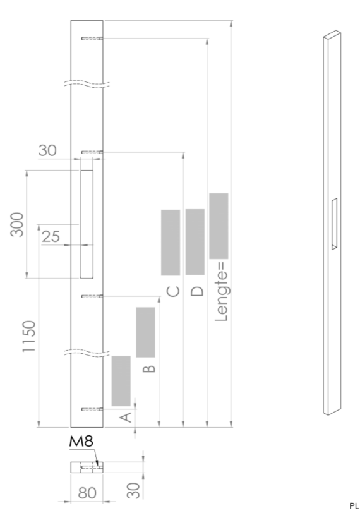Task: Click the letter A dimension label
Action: pyautogui.click(x=125, y=417)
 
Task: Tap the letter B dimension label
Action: pyautogui.click(x=150, y=367)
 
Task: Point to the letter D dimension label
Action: pyautogui.click(x=197, y=291)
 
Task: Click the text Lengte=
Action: pyautogui.click(x=220, y=293)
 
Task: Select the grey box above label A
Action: pyautogui.click(x=121, y=381)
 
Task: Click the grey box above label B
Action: pyautogui.click(x=145, y=332)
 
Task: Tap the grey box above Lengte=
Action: pyautogui.click(x=219, y=226)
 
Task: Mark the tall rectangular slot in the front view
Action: pyautogui.click(x=87, y=224)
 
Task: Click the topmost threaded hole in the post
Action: pyautogui.click(x=92, y=39)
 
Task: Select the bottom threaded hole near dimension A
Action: pyautogui.click(x=92, y=409)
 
